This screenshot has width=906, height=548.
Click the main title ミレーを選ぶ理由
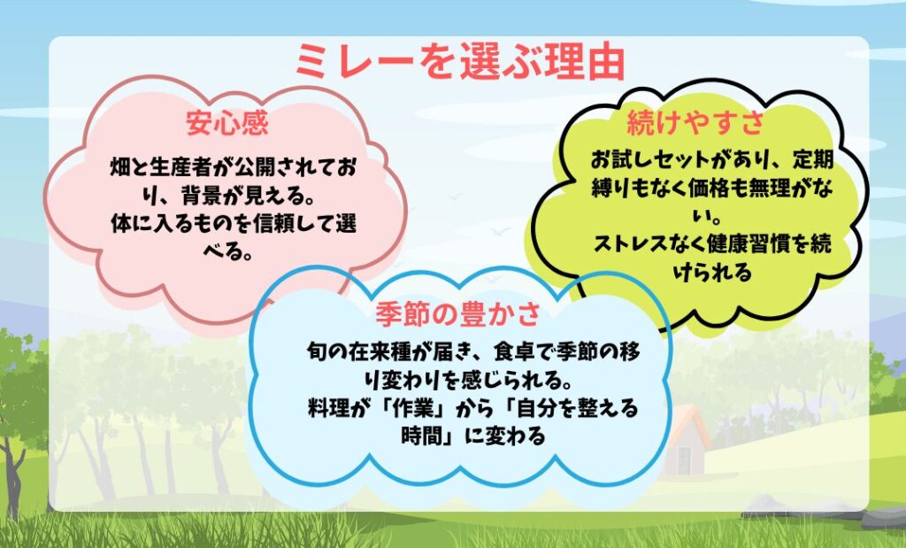(x=460, y=61)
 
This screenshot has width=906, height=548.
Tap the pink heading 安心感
(x=227, y=122)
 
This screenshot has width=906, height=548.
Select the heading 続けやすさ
(x=695, y=122)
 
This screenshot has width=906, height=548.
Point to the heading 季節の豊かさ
(x=457, y=314)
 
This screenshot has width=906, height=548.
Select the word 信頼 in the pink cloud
(x=274, y=224)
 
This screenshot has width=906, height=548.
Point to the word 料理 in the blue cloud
(x=327, y=408)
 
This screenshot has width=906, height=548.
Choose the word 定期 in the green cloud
(x=813, y=159)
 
